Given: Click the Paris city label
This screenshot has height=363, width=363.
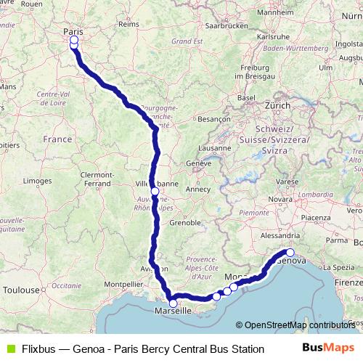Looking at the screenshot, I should [x=73, y=31].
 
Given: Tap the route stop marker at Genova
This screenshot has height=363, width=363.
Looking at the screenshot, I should [x=290, y=253].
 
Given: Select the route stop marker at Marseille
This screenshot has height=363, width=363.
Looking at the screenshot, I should [x=173, y=303].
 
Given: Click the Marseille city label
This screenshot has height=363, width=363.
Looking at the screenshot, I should [x=173, y=311].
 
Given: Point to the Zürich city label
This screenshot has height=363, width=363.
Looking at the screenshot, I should [x=277, y=105].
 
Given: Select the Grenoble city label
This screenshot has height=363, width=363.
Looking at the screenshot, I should [x=184, y=222].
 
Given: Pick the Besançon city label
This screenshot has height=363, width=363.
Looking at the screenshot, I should [x=213, y=118].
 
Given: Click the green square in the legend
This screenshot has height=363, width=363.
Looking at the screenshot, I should [x=9, y=349].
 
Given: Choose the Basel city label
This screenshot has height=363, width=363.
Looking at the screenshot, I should [x=248, y=97].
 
